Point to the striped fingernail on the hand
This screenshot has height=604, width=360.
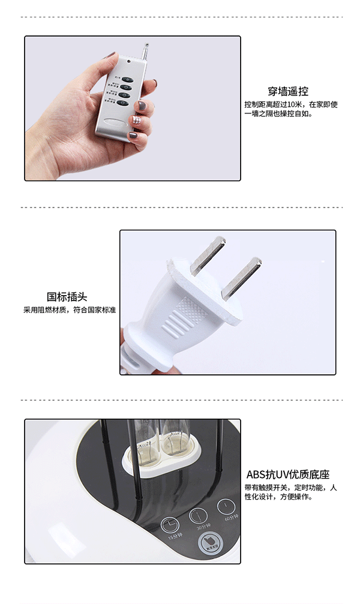point(137,121)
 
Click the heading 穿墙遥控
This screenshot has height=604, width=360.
point(288,92)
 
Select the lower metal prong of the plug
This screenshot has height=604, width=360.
point(241,278)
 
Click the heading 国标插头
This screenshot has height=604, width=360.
point(67,297)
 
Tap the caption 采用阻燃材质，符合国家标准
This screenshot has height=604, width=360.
point(70,310)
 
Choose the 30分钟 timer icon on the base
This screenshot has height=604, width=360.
point(198,515)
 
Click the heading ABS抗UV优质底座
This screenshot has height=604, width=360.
point(288,474)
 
